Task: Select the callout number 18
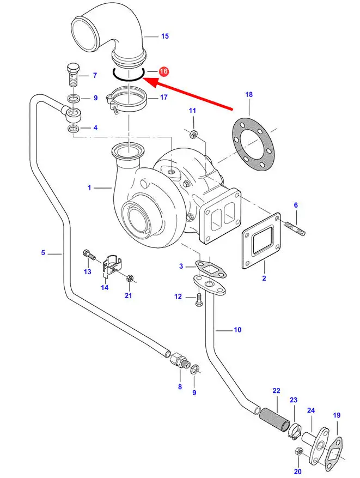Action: (x=249, y=95)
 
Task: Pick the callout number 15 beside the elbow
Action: (x=164, y=37)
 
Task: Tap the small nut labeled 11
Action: (x=193, y=134)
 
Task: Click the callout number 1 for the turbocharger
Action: (x=90, y=187)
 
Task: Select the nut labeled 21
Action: (x=130, y=280)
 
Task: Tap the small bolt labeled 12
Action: (x=198, y=298)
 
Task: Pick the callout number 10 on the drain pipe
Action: (x=237, y=330)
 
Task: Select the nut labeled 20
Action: (x=298, y=451)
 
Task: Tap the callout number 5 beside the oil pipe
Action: (x=43, y=252)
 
